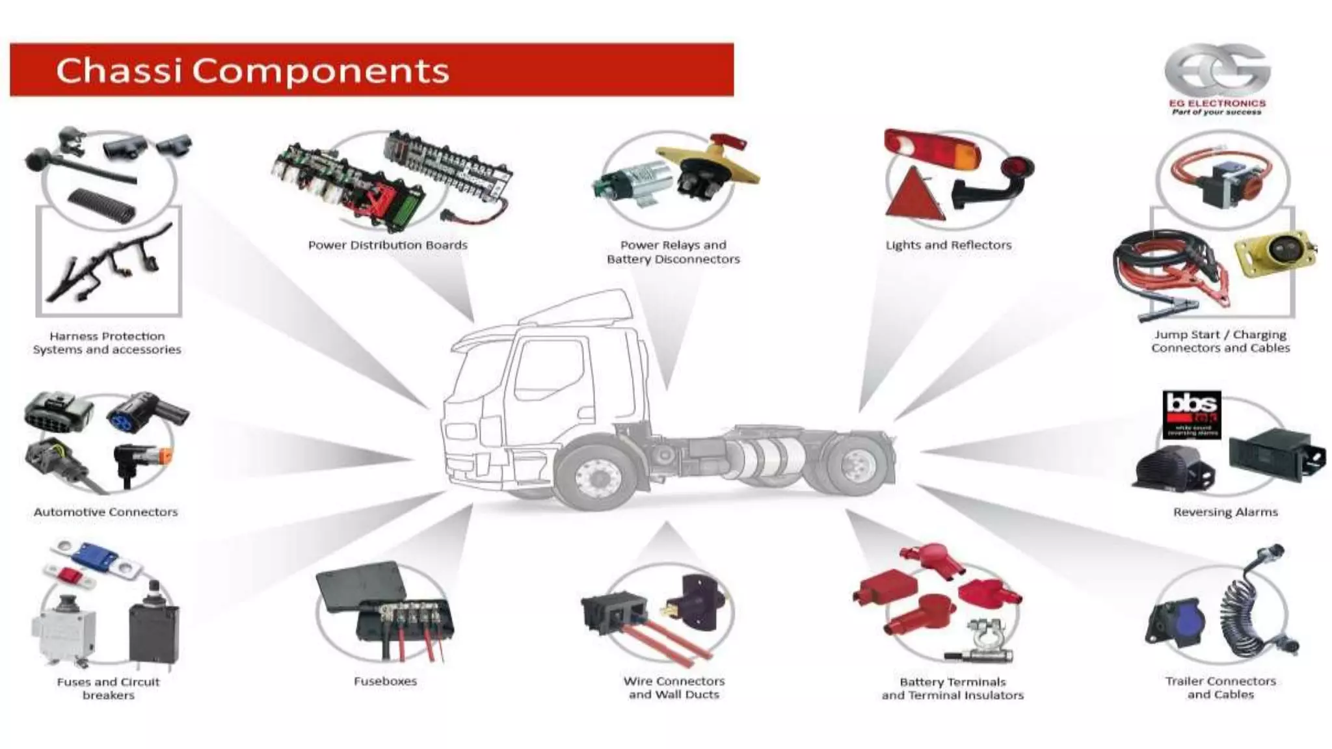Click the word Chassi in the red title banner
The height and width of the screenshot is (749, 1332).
click(x=118, y=70)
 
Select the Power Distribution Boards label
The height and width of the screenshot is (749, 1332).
click(x=388, y=245)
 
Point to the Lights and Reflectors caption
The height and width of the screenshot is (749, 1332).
click(x=948, y=245)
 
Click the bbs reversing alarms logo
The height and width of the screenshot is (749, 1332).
click(x=1192, y=414)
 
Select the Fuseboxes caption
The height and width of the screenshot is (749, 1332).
click(x=385, y=681)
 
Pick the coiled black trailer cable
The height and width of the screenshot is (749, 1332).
click(x=1245, y=608)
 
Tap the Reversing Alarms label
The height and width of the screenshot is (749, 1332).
click(x=1225, y=512)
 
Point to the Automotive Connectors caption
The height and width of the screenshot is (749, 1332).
click(x=105, y=512)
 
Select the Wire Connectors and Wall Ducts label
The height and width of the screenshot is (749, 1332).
click(x=674, y=688)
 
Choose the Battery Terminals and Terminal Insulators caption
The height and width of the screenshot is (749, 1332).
click(x=952, y=689)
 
